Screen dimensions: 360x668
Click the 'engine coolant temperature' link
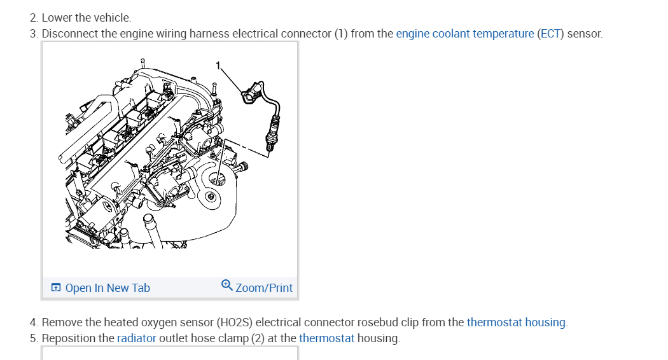[464, 34]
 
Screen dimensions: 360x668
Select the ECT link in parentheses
[550, 34]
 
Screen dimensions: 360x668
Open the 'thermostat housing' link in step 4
[516, 322]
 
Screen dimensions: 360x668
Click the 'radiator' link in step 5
[136, 338]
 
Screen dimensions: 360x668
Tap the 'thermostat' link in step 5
[326, 338]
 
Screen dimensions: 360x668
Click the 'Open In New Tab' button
[107, 288]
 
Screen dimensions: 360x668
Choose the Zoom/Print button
[263, 288]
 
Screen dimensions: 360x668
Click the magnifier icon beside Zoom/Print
[227, 286]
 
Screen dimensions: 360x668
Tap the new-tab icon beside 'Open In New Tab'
[56, 288]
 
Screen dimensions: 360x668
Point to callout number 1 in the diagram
[218, 65]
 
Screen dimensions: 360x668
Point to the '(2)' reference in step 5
[258, 338]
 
